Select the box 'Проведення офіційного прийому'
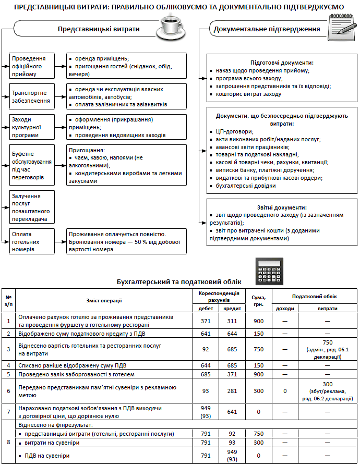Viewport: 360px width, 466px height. (32, 66)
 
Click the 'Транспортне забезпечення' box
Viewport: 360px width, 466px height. (32, 96)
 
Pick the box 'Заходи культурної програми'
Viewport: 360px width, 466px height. (32, 127)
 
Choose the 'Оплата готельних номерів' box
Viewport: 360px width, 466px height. (32, 241)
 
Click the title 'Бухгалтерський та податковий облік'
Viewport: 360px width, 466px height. (179, 282)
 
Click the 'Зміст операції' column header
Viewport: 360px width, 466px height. (104, 300)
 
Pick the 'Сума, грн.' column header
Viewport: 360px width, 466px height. (258, 300)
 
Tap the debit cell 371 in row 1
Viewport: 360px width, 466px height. (206, 321)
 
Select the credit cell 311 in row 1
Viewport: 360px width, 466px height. (232, 321)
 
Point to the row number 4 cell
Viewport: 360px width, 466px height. (8, 365)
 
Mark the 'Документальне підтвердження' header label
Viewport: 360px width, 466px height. (267, 29)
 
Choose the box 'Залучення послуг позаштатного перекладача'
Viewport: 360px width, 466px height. (32, 207)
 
